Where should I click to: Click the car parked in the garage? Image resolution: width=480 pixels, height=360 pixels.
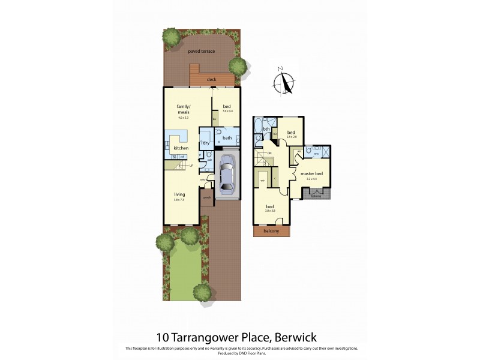pos(227,175)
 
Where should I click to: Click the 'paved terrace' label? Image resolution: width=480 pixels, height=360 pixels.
pos(201,52)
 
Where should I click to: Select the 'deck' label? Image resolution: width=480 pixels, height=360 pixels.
pos(211,79)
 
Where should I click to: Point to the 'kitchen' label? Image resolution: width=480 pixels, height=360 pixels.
pos(181,148)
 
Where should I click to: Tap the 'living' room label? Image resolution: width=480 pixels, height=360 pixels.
pos(179,194)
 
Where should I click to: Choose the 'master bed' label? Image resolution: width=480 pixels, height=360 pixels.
pos(311,174)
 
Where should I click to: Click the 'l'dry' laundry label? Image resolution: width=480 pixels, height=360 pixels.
pos(205,143)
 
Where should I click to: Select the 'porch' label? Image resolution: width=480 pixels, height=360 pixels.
pos(207,196)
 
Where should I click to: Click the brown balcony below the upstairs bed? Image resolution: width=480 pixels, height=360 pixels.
pos(272,231)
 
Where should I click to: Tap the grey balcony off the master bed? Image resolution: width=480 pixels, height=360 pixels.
pos(316,195)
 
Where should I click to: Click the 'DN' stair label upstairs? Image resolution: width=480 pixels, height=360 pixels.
pos(269,154)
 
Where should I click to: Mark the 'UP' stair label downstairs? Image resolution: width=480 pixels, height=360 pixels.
pos(190,165)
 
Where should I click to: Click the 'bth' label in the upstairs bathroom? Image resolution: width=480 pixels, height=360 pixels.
pos(266,128)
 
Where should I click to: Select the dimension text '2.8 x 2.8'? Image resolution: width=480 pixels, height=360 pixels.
pos(291,137)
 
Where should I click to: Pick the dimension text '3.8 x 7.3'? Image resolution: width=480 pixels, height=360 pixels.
pos(179,200)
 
